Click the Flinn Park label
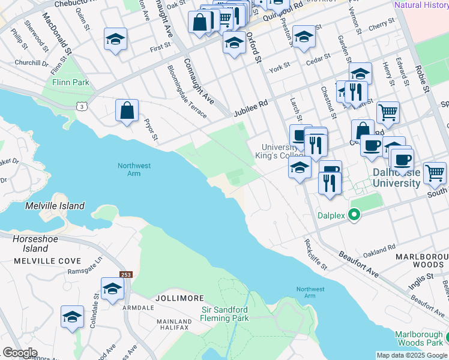70,82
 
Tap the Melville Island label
55,206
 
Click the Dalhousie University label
396,178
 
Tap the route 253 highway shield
126,274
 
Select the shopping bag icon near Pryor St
127,110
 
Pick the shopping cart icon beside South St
435,172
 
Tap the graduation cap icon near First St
115,40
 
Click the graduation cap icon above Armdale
112,289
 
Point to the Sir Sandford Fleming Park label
232,314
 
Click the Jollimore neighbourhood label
179,298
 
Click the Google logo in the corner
20,353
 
